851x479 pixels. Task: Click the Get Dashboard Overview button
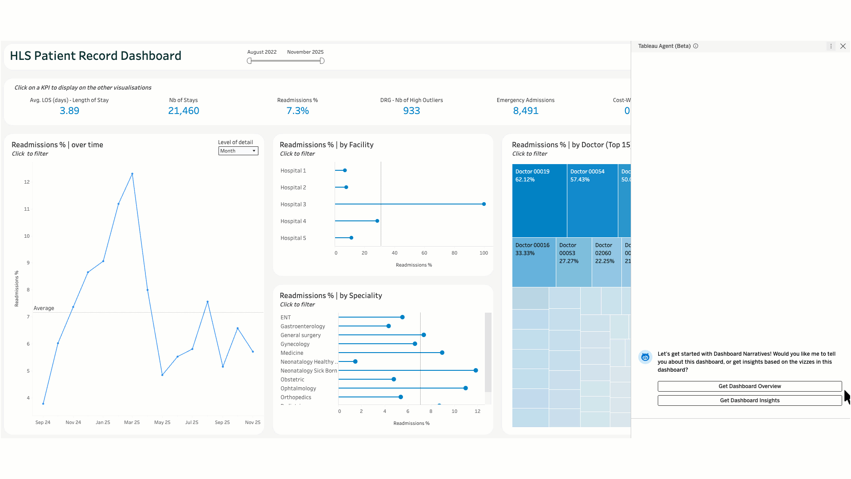click(750, 386)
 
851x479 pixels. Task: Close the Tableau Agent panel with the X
click(843, 46)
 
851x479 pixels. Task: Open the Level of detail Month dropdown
click(238, 151)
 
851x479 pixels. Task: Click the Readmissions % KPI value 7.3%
click(297, 111)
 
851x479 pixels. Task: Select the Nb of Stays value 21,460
click(183, 111)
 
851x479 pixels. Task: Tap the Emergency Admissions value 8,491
click(526, 111)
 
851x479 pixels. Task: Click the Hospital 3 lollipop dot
click(484, 204)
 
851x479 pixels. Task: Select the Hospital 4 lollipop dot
click(377, 221)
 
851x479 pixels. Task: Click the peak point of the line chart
click(132, 174)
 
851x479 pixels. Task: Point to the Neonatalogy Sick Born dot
click(476, 370)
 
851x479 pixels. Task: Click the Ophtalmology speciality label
click(298, 389)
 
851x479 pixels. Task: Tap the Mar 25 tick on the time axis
click(132, 422)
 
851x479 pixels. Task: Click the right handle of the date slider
click(322, 61)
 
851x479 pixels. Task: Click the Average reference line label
click(44, 308)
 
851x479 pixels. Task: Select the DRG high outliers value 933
click(411, 111)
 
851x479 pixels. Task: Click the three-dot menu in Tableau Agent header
click(831, 46)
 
